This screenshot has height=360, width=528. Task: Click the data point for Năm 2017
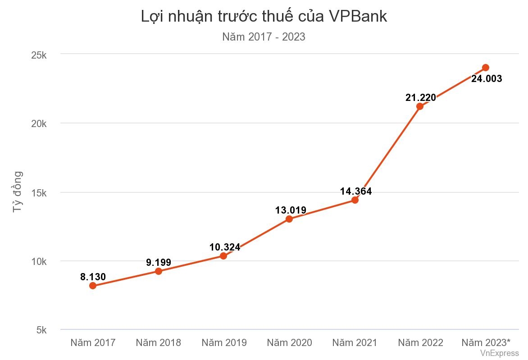(93, 286)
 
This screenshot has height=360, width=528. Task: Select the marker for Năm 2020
(289, 219)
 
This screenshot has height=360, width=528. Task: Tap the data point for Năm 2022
(420, 106)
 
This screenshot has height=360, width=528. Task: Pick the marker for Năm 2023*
(486, 68)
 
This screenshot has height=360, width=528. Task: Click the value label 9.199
(159, 262)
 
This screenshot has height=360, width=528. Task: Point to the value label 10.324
(224, 247)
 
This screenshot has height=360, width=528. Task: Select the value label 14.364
(356, 191)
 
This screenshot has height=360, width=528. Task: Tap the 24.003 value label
(487, 79)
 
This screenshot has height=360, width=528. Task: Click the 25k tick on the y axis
(39, 55)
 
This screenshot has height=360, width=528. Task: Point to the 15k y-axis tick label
(39, 193)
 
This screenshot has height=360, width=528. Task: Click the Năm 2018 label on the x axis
(159, 342)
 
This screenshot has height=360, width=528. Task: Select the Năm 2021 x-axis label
(355, 342)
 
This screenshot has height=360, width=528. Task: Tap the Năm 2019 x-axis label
(224, 342)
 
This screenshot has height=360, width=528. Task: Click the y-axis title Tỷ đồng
(17, 192)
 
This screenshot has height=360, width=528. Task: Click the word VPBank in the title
(357, 16)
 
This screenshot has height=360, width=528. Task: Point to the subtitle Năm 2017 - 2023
(264, 37)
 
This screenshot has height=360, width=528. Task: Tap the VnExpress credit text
(499, 353)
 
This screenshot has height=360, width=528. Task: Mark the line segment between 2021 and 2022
(387, 153)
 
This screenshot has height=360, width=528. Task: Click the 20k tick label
(39, 124)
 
